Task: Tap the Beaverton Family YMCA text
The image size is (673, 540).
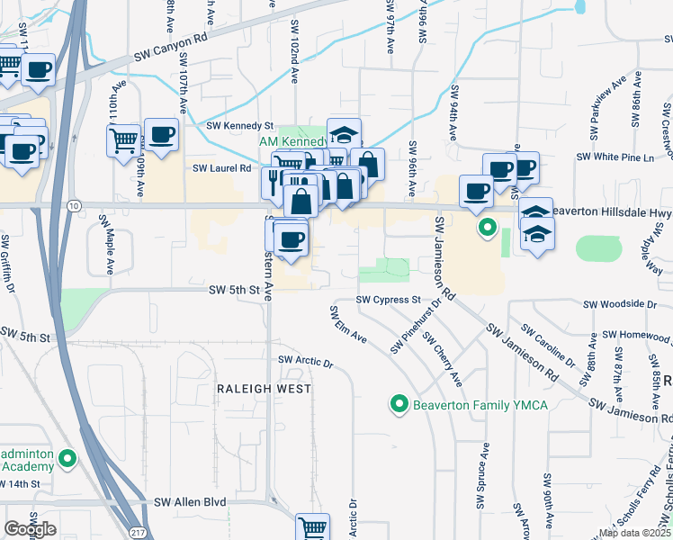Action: point(480,405)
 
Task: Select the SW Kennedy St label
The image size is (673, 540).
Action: point(239,126)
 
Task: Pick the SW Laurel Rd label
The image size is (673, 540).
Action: point(220,167)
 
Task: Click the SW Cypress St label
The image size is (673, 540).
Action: point(388,299)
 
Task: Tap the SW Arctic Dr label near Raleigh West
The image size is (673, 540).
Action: point(306,361)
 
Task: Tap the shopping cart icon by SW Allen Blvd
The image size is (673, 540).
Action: point(312,527)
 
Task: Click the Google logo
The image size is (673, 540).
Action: point(29,528)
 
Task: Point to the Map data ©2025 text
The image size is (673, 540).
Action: point(633,533)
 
